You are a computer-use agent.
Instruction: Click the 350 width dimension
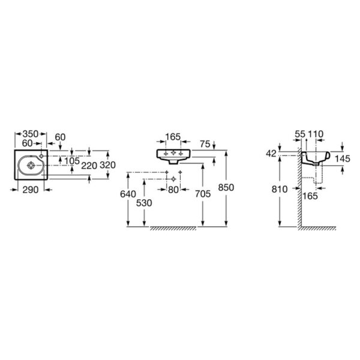[x=31, y=134]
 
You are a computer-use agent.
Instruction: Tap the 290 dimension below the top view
[x=31, y=190]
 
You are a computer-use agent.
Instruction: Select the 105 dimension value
[x=72, y=161]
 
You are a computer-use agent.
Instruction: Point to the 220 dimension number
[x=89, y=166]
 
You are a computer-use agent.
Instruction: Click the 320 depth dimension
[x=107, y=165]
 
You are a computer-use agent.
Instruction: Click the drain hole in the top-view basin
[x=31, y=165]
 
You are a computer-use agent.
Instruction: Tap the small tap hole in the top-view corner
[x=41, y=156]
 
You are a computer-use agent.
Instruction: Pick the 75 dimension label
[x=205, y=144]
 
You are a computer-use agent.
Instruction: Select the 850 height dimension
[x=226, y=187]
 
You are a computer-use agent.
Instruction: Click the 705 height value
[x=203, y=194]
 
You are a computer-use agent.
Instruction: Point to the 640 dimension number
[x=128, y=194]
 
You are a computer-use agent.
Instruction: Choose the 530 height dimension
[x=144, y=203]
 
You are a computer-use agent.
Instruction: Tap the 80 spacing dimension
[x=173, y=190]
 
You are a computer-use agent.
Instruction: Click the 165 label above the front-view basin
[x=173, y=137]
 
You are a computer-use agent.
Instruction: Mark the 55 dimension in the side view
[x=300, y=134]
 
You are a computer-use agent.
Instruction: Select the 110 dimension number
[x=316, y=134]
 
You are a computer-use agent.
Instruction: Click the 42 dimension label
[x=271, y=154]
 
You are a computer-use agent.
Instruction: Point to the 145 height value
[x=343, y=158]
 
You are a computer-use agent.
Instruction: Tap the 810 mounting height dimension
[x=280, y=190]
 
